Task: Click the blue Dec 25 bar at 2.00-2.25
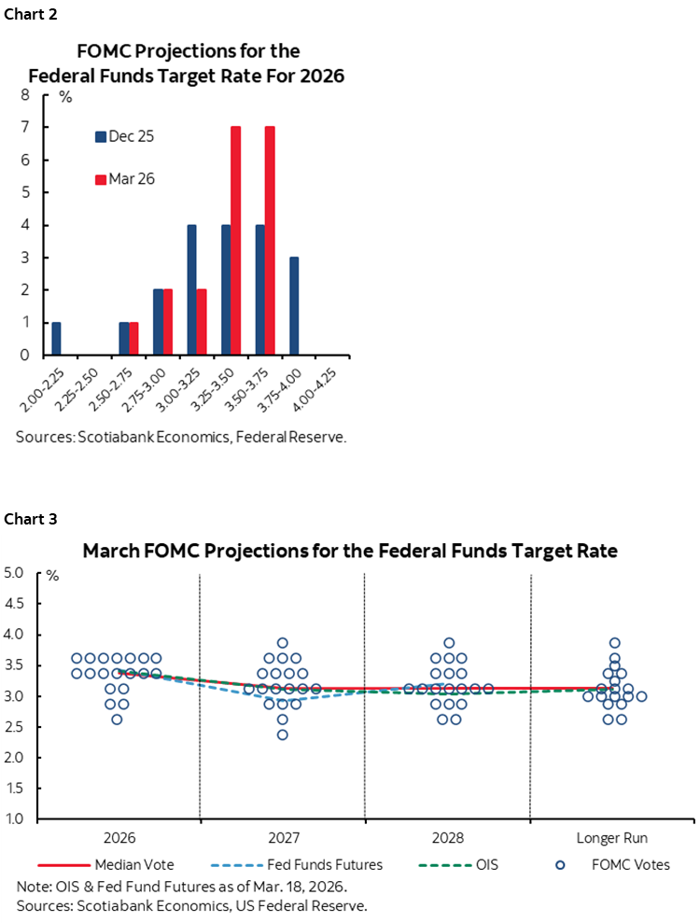[x=57, y=339]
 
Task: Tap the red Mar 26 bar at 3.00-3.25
[x=202, y=322]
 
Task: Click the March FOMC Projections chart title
[x=350, y=551]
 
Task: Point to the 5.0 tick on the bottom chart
[x=16, y=573]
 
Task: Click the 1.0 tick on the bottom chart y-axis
[x=16, y=819]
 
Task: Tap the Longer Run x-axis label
[x=613, y=837]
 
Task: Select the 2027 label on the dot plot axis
[x=282, y=837]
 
